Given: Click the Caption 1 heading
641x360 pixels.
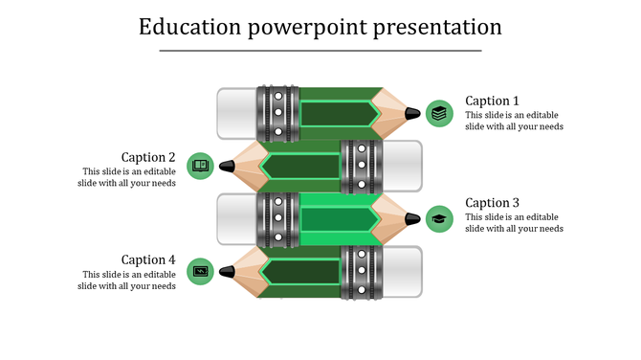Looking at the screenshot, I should coord(492,101).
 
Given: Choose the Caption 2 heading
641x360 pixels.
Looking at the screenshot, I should coord(148,157).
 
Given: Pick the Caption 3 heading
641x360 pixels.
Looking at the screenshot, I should coord(492,203).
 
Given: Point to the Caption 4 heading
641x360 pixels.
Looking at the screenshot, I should coord(148,259).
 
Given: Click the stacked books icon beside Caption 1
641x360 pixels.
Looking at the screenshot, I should coord(439,113).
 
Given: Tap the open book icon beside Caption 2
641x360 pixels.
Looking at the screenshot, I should coord(200,166).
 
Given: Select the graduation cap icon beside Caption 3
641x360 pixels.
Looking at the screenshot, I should coord(439,218).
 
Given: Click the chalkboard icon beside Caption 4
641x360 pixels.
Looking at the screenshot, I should coord(200,271).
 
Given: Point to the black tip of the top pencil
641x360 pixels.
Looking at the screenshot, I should coord(412,113).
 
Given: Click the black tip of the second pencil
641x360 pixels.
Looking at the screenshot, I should coord(227,166).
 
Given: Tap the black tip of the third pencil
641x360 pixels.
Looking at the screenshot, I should coord(412,218).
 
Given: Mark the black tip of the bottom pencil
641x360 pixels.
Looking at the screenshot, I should coord(227,272).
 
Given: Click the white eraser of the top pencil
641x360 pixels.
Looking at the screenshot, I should coord(236,113).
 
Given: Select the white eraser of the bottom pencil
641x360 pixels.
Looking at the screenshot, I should coord(402,272).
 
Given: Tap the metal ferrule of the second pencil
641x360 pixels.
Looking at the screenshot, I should coord(361,166).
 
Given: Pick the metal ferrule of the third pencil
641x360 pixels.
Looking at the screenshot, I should coord(277,218).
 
